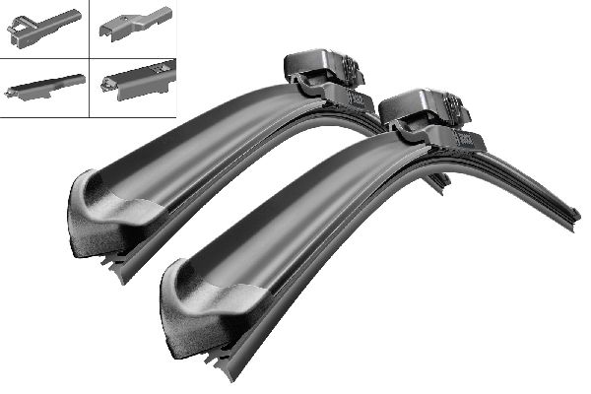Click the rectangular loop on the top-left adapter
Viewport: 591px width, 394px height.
point(21,34)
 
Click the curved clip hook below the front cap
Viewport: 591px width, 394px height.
point(404,127)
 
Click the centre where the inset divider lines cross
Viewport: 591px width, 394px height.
point(88,58)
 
